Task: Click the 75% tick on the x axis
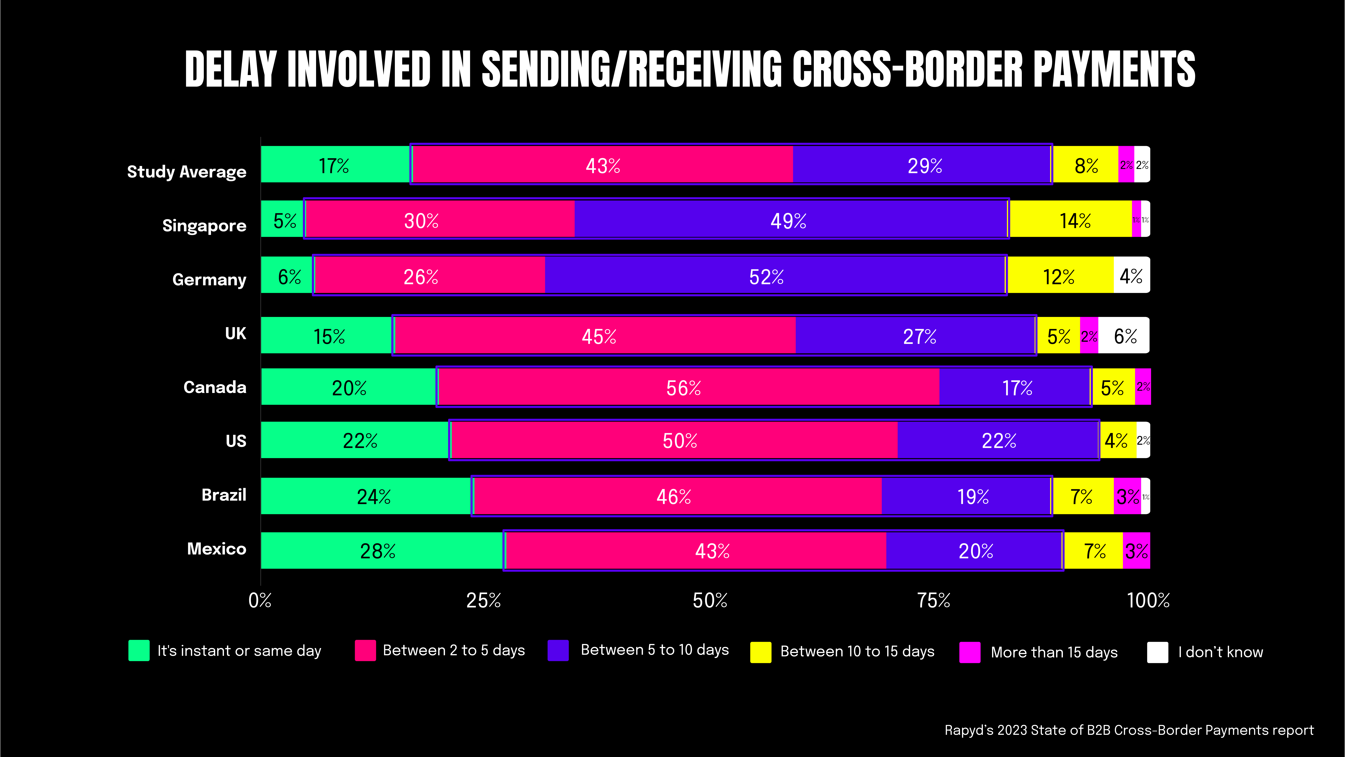934,601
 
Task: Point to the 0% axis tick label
260,601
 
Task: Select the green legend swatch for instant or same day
139,650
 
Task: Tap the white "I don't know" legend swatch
1157,652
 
